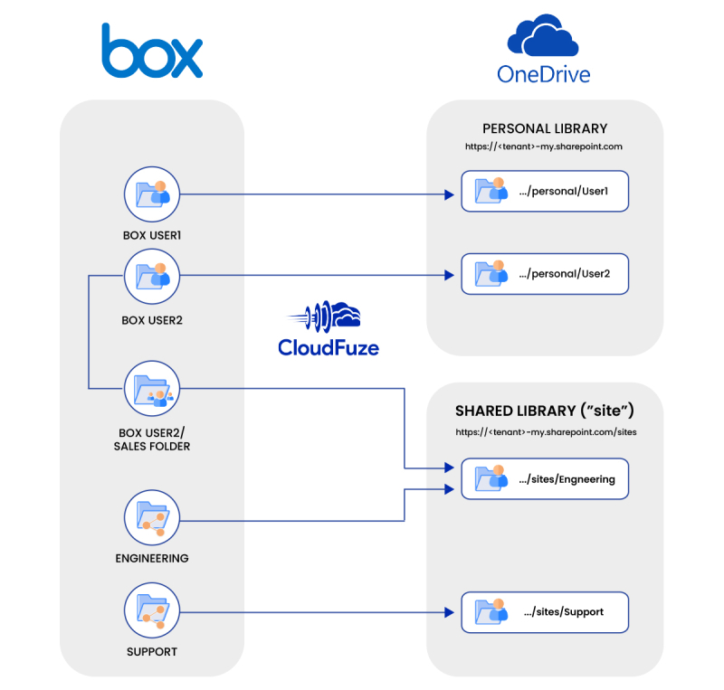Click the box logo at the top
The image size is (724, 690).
coord(151,51)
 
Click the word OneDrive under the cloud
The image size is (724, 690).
coord(544,73)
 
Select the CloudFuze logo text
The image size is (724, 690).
coord(329,346)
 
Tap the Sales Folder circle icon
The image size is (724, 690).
coord(152,389)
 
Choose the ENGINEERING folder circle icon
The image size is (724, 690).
coord(152,519)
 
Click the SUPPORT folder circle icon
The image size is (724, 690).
coord(152,612)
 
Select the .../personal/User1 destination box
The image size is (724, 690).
coord(544,192)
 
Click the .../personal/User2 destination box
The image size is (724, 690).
coord(544,273)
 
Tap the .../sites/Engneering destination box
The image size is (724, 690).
coord(544,479)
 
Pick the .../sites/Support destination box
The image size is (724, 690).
coord(544,612)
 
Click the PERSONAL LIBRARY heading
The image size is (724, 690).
coord(544,128)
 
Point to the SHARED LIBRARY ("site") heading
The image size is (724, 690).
coord(544,411)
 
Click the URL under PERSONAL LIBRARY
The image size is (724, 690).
coord(544,146)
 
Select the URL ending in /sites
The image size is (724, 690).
coord(544,432)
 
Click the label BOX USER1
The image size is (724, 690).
coord(152,235)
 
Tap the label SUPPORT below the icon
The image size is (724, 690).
coord(152,651)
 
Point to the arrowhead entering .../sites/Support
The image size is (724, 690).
coord(447,612)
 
